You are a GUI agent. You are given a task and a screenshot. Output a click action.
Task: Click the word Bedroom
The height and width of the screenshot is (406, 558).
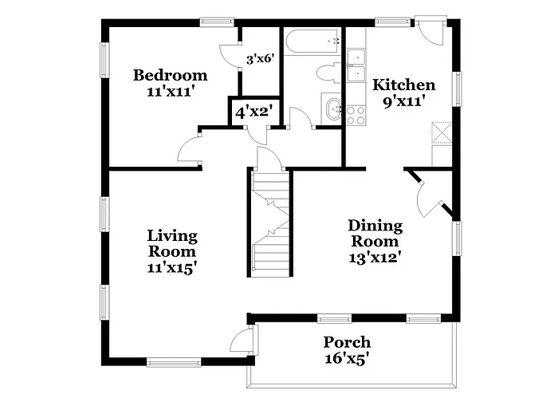(x=170, y=75)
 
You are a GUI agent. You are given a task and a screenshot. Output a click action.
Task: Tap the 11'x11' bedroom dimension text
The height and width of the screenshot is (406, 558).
(x=170, y=91)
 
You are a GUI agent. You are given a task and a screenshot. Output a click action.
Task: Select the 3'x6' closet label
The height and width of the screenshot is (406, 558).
(x=259, y=59)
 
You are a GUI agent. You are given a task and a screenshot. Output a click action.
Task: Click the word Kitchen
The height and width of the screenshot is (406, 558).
(x=405, y=85)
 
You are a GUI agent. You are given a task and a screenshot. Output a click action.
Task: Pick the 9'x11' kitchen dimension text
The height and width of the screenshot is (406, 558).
(x=405, y=101)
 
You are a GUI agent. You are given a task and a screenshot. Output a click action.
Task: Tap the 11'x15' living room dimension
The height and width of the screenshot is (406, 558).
(x=172, y=268)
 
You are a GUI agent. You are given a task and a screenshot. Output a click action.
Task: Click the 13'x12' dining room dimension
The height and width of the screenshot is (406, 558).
(x=375, y=257)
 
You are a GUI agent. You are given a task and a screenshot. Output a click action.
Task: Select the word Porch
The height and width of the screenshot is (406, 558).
(x=347, y=342)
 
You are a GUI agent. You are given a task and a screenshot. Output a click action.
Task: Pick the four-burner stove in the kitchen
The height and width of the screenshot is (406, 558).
(x=356, y=115)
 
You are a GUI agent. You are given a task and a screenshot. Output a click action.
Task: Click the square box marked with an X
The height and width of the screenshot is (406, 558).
(x=441, y=132)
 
